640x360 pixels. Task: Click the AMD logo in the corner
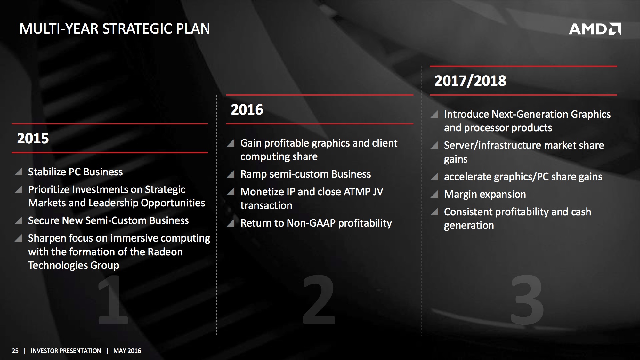[595, 29]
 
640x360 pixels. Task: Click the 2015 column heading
[33, 139]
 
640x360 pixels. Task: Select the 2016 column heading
[247, 110]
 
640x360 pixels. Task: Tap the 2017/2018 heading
[470, 81]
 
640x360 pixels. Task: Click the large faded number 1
[113, 299]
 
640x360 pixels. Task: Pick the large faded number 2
[319, 299]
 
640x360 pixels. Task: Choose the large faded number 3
[527, 299]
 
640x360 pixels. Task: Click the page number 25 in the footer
[15, 351]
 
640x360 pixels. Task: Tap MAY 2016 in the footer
[127, 351]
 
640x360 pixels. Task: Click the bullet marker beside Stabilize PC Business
[19, 172]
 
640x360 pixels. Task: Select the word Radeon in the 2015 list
[165, 252]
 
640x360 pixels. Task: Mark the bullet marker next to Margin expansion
[434, 194]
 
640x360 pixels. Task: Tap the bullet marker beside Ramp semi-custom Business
[231, 174]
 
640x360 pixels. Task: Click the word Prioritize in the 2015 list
[49, 189]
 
